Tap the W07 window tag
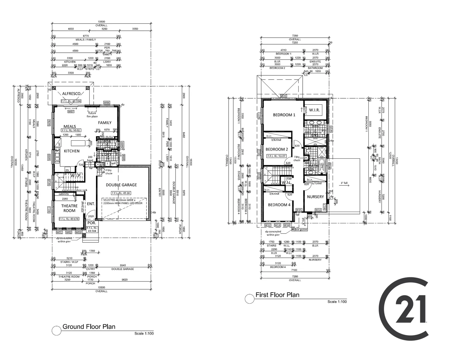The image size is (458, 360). tap(71, 112)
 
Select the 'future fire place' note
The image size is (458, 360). tap(92, 115)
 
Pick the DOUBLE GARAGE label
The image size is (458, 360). tap(121, 185)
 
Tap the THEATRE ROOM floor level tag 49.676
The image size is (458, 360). tap(69, 219)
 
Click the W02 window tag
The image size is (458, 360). tap(69, 232)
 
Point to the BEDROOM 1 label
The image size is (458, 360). tap(284, 115)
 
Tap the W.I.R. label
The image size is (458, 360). tap(314, 110)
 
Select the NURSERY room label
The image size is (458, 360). tap(315, 197)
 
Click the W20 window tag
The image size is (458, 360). tap(283, 96)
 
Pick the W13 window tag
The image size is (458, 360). tap(277, 225)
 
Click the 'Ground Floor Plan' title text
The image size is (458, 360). tap(89, 327)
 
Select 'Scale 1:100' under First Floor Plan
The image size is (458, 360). tap(337, 302)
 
